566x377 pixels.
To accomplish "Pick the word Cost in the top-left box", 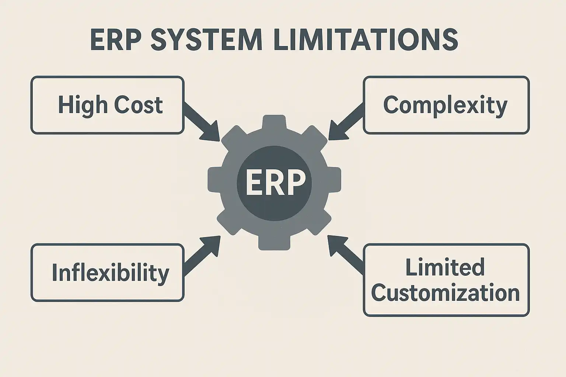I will pos(139,105).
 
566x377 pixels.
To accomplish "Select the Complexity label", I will pos(446,105).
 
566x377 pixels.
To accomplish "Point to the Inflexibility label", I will pos(110,273).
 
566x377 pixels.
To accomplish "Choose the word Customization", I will pos(445,293).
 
